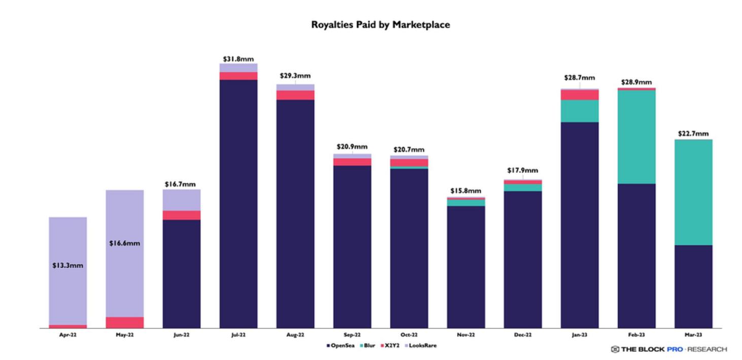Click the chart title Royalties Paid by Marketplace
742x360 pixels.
(x=381, y=24)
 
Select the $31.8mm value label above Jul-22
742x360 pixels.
(x=238, y=59)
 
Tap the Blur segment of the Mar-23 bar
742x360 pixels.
(x=693, y=192)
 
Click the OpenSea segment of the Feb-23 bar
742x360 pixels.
(x=636, y=255)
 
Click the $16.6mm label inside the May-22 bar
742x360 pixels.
(x=124, y=243)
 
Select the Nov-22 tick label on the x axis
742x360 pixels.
(x=465, y=336)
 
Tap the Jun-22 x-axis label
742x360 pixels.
(x=181, y=336)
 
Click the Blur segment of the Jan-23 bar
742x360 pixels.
(x=580, y=111)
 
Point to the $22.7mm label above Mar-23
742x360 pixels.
(x=693, y=134)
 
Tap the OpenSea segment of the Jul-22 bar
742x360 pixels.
(x=238, y=203)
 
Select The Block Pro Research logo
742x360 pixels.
(x=669, y=349)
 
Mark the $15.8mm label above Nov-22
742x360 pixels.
(x=465, y=191)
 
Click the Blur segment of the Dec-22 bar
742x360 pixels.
(x=523, y=187)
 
